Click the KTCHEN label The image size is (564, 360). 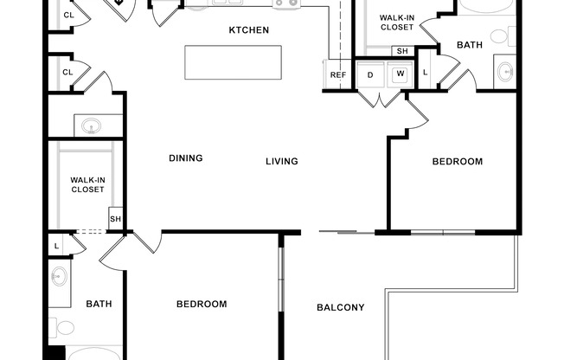click(249, 30)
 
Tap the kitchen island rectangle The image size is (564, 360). click(233, 62)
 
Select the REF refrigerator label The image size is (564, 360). click(338, 75)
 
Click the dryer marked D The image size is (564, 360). click(370, 75)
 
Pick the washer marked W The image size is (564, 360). click(401, 74)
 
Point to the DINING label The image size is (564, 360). click(186, 158)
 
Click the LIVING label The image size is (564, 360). click(282, 161)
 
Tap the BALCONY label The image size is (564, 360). click(341, 307)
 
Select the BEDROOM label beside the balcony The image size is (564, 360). click(202, 305)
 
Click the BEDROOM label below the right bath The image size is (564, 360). click(458, 161)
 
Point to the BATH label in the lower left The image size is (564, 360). click(99, 305)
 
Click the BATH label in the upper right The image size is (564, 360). click(470, 45)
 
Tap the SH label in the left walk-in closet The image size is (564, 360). click(115, 219)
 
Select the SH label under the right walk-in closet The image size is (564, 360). click(402, 51)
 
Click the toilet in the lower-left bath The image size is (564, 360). click(61, 328)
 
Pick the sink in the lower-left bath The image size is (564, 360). click(60, 276)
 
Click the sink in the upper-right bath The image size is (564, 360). click(506, 72)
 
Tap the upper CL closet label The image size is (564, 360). click(68, 15)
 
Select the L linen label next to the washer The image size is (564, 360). click(425, 73)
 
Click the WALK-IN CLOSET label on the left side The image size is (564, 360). click(87, 184)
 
